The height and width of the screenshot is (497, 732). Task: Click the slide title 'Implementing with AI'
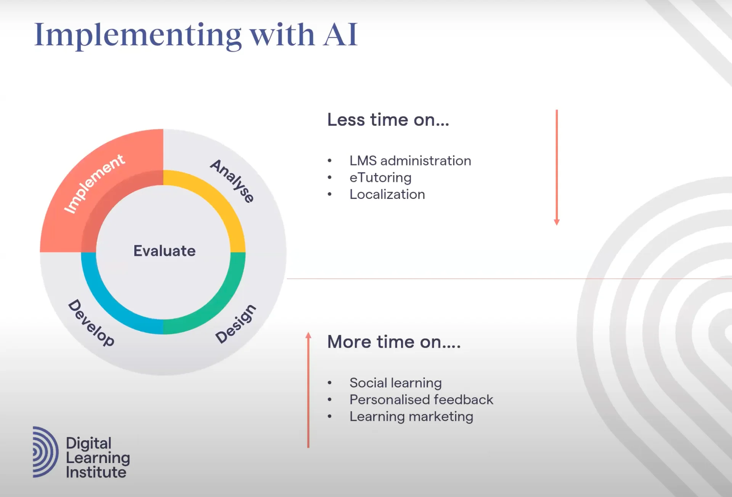[x=196, y=35]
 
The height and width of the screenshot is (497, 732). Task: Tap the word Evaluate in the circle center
[x=164, y=251]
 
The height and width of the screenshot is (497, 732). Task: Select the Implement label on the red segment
[x=94, y=183]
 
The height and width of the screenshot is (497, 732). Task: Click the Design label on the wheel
[x=236, y=324]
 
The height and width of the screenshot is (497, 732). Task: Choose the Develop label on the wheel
[x=91, y=323]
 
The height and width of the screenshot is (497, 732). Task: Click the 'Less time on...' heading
[x=388, y=120]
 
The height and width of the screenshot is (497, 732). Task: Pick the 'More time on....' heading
[x=394, y=342]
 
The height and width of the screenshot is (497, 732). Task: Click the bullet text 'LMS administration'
[x=410, y=161]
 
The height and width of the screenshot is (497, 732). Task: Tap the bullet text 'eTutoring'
[x=380, y=178]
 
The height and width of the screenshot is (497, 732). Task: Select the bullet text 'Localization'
[x=387, y=194]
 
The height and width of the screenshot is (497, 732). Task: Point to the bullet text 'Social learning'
[x=395, y=383]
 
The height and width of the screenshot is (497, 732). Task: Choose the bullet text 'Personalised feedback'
[x=421, y=399]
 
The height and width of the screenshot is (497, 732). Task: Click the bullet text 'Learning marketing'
[x=411, y=417]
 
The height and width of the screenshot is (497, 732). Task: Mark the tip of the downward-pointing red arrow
[x=557, y=225]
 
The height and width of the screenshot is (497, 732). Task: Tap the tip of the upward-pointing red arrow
[x=308, y=332]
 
